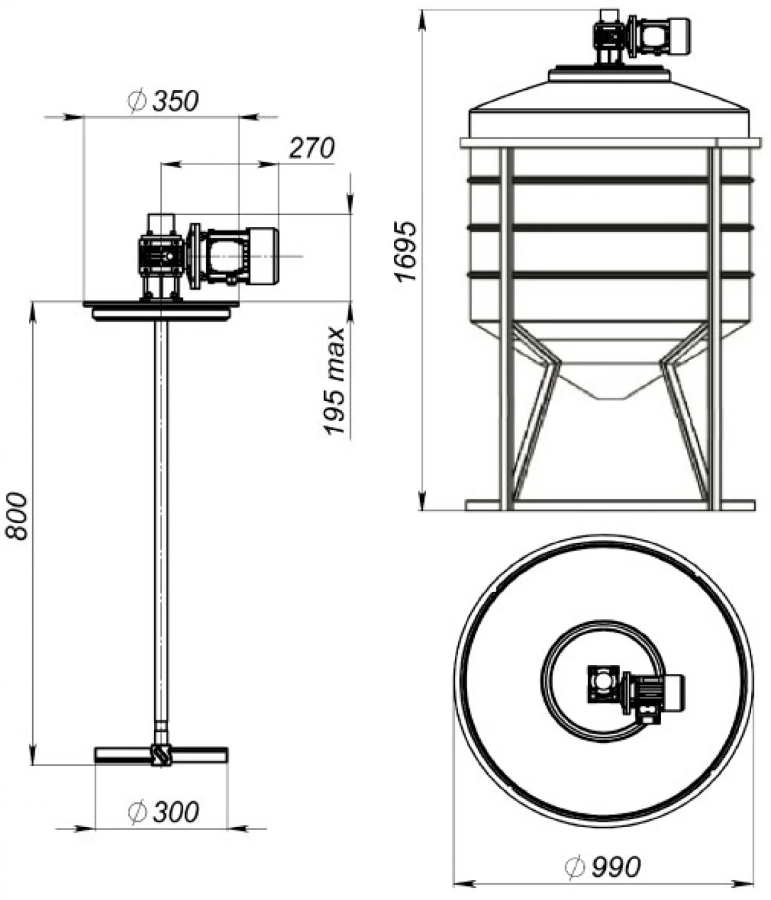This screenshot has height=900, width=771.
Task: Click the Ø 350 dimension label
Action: click(163, 101)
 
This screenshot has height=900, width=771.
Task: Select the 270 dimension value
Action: click(312, 148)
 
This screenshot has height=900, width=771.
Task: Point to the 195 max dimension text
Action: click(335, 381)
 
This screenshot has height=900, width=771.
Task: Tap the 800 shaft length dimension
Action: click(17, 516)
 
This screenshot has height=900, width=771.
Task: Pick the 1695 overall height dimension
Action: click(406, 252)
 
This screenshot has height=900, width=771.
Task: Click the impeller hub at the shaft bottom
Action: click(161, 754)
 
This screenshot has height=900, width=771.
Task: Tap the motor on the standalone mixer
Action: click(242, 257)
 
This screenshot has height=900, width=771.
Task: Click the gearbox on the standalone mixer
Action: click(161, 257)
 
